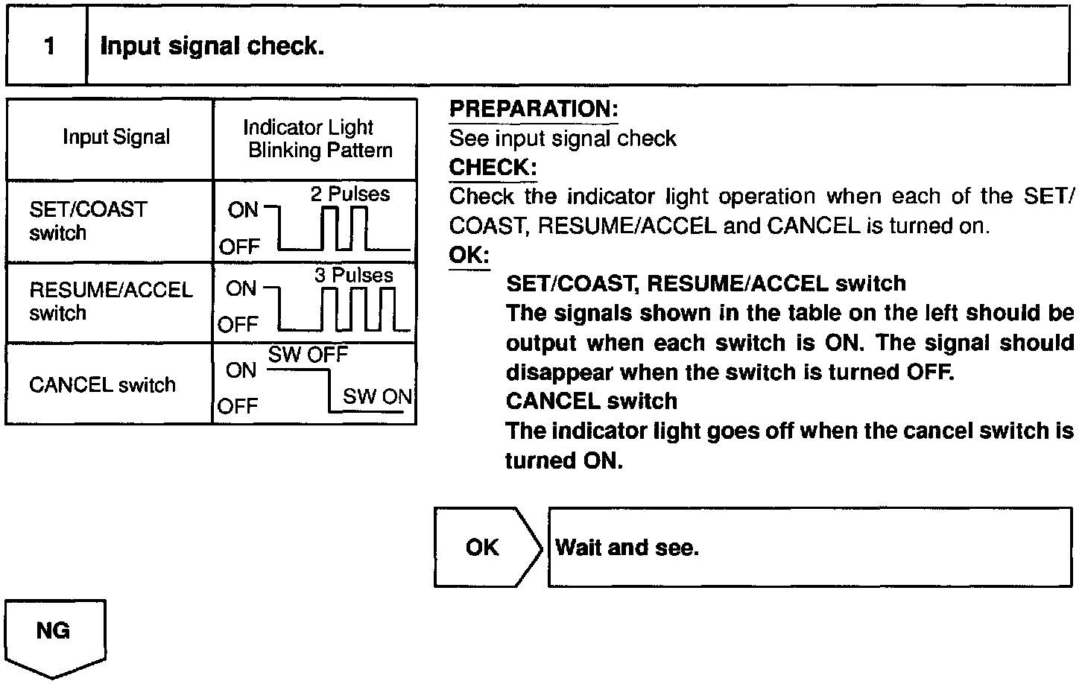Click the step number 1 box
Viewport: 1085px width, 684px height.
pos(48,46)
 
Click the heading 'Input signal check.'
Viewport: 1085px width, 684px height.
pos(212,46)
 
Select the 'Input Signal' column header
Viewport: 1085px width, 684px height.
pos(116,137)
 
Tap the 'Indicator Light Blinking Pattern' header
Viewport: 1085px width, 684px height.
pos(314,139)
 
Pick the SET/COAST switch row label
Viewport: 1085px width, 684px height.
pos(88,221)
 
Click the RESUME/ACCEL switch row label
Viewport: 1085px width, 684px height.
pos(110,301)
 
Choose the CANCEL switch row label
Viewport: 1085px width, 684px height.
pos(102,384)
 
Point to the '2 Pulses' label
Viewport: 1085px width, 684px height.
pos(349,194)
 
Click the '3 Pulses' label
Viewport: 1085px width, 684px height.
pos(353,275)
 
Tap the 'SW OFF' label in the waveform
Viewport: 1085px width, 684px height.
pos(308,355)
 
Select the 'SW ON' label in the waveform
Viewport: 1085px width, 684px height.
pos(377,396)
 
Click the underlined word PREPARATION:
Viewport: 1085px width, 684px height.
pos(534,110)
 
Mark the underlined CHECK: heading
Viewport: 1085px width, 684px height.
pos(493,168)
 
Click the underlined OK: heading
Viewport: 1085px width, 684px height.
pos(469,256)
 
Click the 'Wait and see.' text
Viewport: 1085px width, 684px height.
pos(627,548)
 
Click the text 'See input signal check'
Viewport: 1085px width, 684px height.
pos(563,139)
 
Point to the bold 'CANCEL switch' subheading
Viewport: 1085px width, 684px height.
pos(592,401)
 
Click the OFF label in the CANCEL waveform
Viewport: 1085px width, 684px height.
pos(238,406)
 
